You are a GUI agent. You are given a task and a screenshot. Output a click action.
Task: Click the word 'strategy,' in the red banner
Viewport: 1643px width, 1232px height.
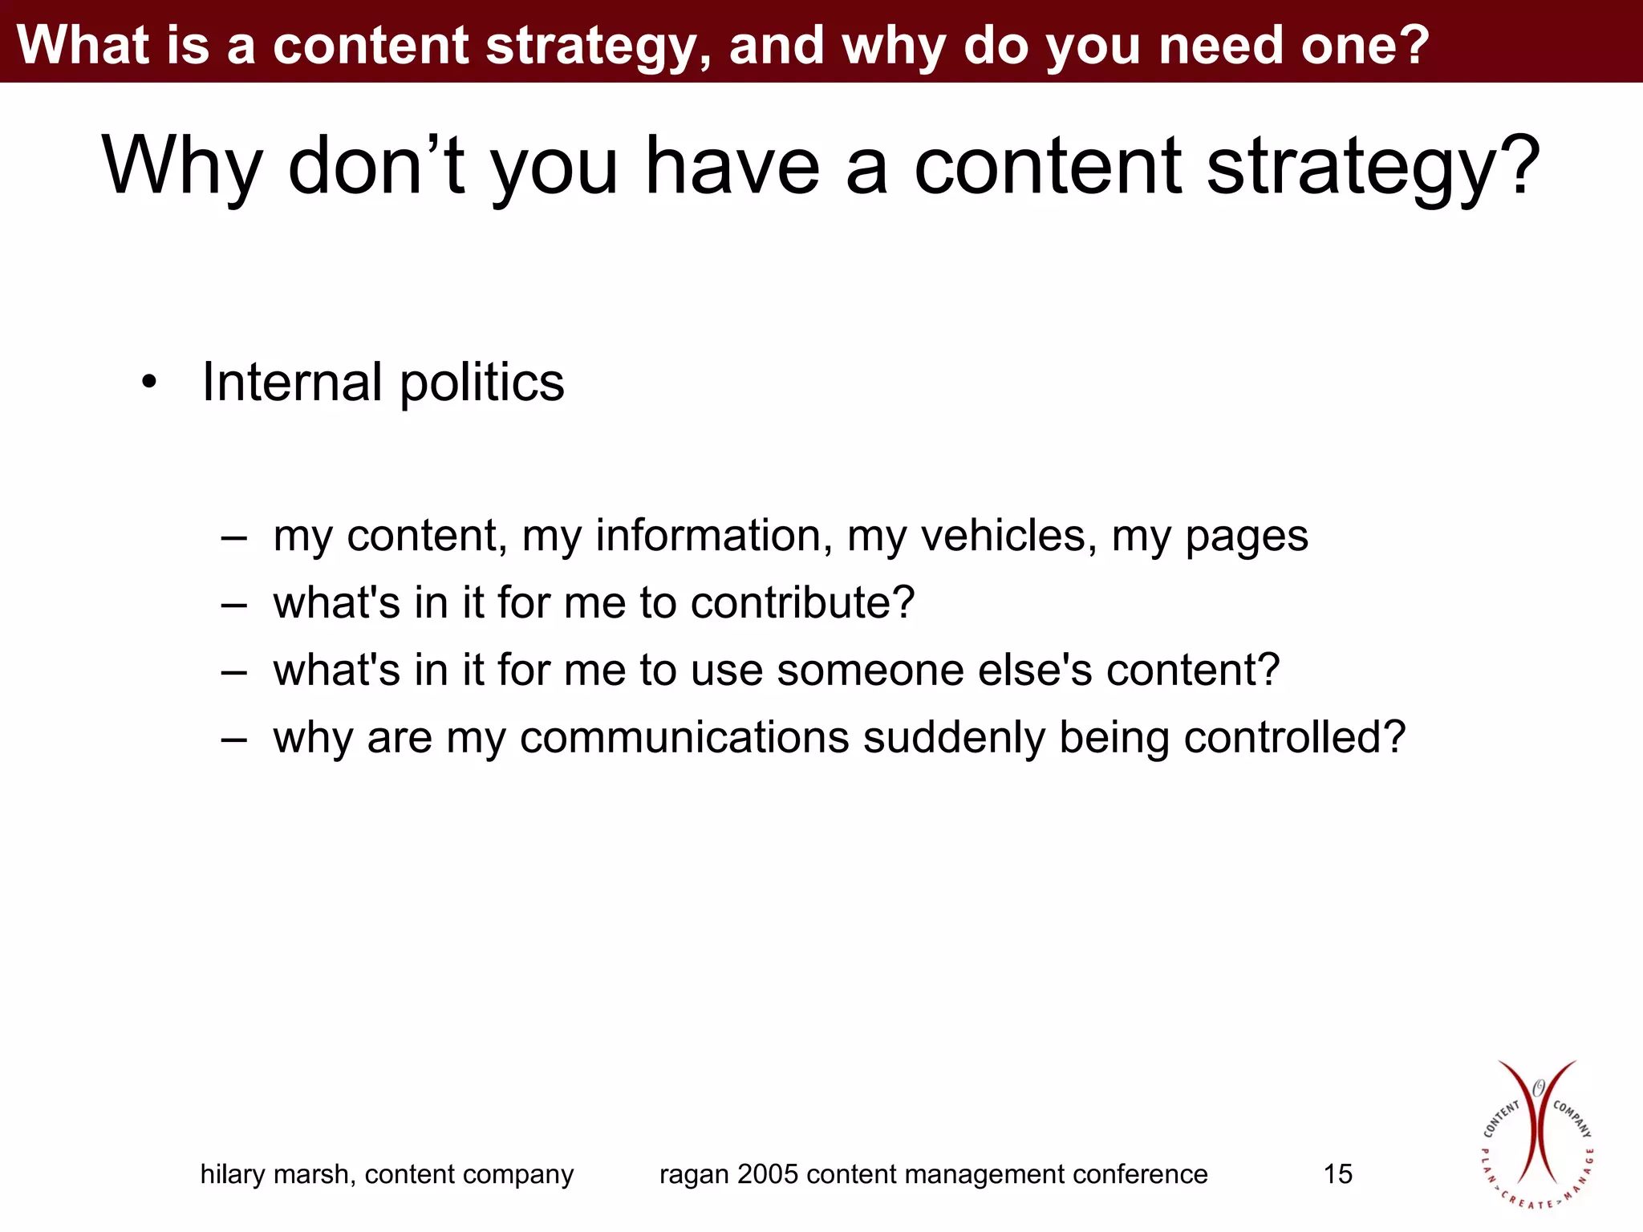pos(598,45)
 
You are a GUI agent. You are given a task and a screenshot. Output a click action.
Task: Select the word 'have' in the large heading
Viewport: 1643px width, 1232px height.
pos(732,166)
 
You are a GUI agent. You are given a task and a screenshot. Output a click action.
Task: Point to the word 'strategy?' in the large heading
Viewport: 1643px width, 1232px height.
pos(1373,166)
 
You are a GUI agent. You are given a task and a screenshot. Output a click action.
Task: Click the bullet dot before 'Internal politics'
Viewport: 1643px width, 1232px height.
pos(148,383)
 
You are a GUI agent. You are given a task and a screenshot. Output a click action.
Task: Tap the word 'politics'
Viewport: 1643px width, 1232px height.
pos(482,382)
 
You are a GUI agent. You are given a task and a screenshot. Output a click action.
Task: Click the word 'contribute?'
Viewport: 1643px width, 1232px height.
pos(802,602)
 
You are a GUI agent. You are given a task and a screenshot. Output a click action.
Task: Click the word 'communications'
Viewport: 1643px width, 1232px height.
pos(684,737)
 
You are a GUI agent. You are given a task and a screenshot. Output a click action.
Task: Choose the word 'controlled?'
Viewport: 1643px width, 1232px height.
pos(1295,737)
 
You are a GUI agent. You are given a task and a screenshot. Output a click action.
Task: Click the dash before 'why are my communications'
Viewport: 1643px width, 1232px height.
pos(233,738)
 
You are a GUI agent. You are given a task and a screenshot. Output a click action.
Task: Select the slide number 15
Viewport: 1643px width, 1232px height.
pos(1337,1174)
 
